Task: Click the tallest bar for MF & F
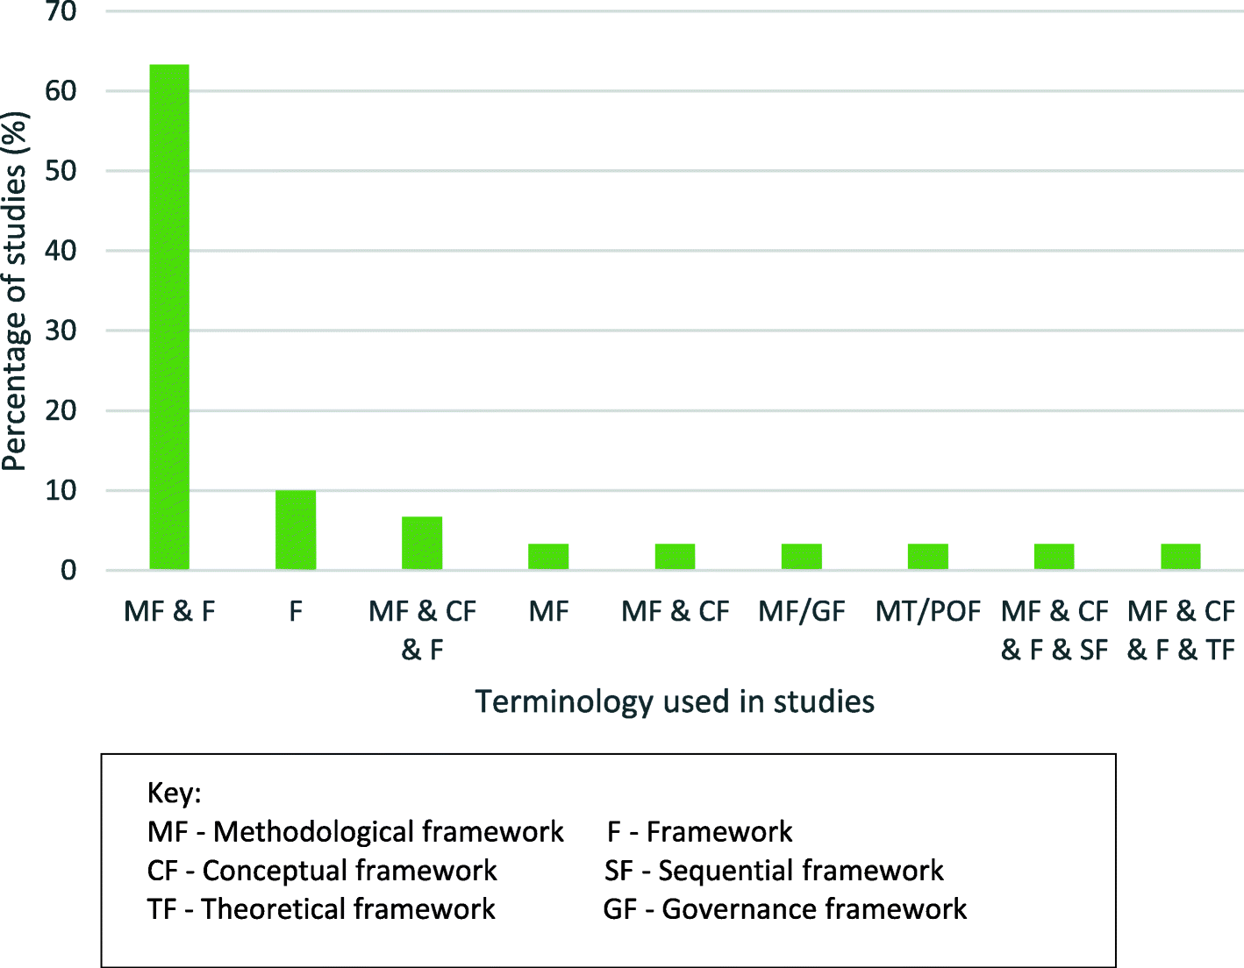pyautogui.click(x=169, y=317)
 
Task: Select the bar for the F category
pyautogui.click(x=296, y=530)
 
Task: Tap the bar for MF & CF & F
pyautogui.click(x=422, y=544)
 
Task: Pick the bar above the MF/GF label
pyautogui.click(x=801, y=557)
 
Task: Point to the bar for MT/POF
pyautogui.click(x=927, y=557)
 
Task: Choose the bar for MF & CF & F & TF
pyautogui.click(x=1180, y=557)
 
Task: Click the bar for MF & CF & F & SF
pyautogui.click(x=1054, y=557)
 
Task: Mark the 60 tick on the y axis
pyautogui.click(x=61, y=91)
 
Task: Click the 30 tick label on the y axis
pyautogui.click(x=61, y=331)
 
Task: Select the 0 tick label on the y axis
pyautogui.click(x=68, y=571)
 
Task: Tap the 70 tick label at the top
pyautogui.click(x=61, y=12)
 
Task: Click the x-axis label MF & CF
pyautogui.click(x=675, y=611)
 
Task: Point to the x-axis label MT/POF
pyautogui.click(x=927, y=611)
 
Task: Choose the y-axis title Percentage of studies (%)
pyautogui.click(x=15, y=291)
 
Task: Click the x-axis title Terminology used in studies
pyautogui.click(x=675, y=701)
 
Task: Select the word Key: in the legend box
pyautogui.click(x=174, y=793)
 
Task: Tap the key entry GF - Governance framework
pyautogui.click(x=784, y=909)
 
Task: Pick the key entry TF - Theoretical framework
pyautogui.click(x=321, y=909)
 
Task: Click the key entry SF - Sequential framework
pyautogui.click(x=774, y=871)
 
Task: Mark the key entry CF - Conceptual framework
pyautogui.click(x=322, y=871)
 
